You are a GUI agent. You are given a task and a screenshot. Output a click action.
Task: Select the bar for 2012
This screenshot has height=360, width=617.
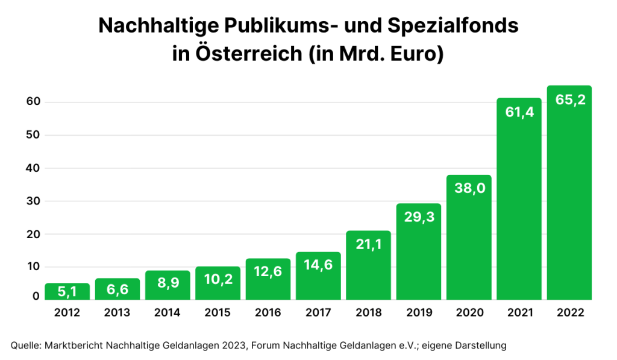[67, 291]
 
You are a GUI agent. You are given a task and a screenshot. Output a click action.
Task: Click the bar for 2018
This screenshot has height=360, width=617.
[368, 265]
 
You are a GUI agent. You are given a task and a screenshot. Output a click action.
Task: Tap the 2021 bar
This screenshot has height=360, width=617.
[519, 199]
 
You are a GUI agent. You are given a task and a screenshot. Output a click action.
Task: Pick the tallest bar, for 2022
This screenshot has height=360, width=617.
[569, 193]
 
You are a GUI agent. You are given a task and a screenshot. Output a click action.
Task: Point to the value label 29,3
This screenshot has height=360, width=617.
[419, 217]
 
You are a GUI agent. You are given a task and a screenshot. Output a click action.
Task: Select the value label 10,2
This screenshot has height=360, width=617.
[218, 280]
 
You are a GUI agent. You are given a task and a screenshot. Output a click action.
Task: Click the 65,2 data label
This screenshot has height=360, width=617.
[569, 100]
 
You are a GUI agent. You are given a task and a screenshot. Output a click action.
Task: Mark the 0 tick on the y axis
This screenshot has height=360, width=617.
[36, 296]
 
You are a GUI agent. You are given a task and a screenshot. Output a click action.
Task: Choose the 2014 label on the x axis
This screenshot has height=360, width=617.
[167, 313]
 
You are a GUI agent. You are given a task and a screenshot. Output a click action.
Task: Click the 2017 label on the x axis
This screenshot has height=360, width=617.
[318, 313]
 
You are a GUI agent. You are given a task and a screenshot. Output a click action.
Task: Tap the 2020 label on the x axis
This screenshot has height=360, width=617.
[469, 313]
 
